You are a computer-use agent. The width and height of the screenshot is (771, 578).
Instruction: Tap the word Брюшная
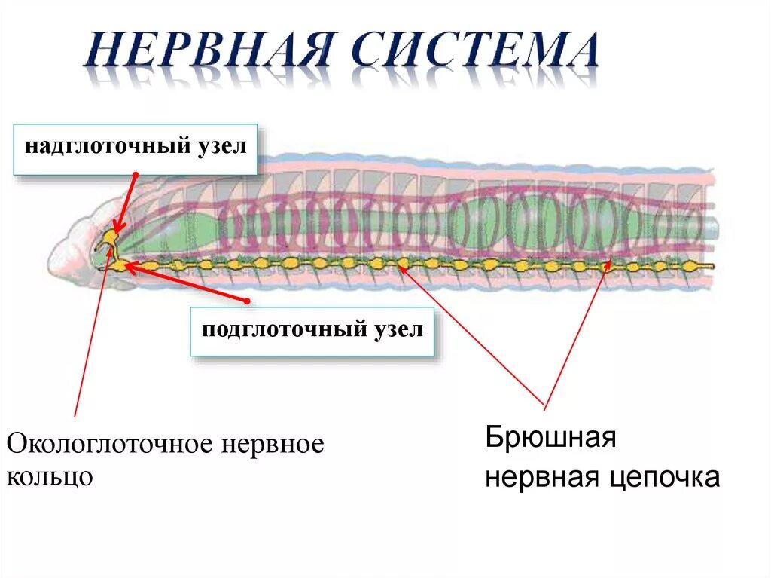click(x=551, y=437)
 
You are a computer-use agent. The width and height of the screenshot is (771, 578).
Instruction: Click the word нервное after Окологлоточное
click(x=273, y=444)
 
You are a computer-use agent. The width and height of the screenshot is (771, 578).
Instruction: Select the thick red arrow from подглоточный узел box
click(x=188, y=283)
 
